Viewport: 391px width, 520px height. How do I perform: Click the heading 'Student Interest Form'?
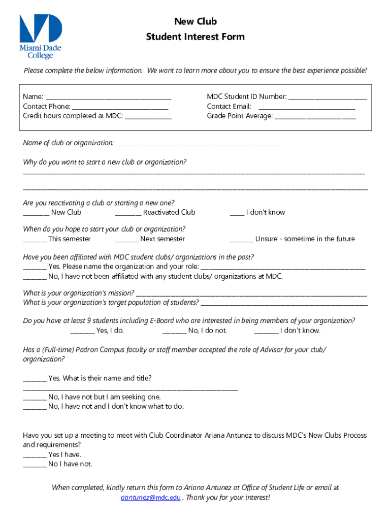coord(195,37)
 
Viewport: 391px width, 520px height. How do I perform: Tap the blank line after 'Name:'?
coord(108,97)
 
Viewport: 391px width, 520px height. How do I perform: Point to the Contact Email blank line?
coord(307,107)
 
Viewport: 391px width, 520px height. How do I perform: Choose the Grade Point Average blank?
coord(315,116)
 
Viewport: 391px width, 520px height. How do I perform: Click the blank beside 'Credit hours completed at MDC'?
coord(148,116)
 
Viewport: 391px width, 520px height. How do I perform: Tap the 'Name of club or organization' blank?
coord(198,143)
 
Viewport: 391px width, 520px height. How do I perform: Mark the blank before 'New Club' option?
coord(36,213)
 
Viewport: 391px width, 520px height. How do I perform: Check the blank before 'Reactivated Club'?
coord(128,213)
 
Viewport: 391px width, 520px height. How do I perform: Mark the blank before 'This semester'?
coord(35,239)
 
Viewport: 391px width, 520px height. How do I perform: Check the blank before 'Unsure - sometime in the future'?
coord(242,239)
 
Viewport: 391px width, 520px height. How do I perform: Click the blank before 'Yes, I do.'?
coord(82,331)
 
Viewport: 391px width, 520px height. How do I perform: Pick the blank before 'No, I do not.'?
coord(174,331)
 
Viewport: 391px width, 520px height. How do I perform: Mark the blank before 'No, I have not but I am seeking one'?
coord(35,397)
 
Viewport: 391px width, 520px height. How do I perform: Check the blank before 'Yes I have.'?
coord(35,455)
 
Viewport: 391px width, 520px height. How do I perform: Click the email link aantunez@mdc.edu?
coord(150,498)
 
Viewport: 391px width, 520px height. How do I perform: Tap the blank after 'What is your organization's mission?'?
coord(251,294)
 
